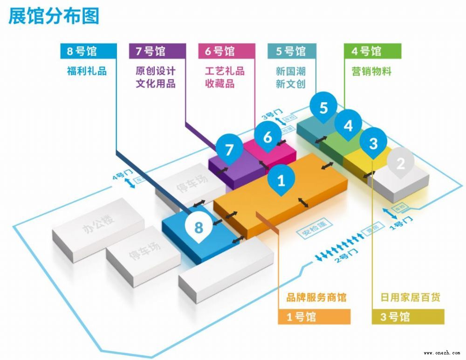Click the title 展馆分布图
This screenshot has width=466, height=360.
click(54, 16)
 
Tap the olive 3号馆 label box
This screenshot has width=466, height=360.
click(408, 317)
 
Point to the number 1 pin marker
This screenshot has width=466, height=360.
click(281, 180)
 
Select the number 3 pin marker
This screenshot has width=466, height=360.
click(373, 143)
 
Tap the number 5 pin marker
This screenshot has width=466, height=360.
click(323, 108)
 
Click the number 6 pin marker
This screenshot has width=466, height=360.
click(267, 137)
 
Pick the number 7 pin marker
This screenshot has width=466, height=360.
click(229, 150)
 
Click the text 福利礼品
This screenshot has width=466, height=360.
click(87, 71)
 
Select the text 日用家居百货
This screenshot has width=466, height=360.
click(411, 297)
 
